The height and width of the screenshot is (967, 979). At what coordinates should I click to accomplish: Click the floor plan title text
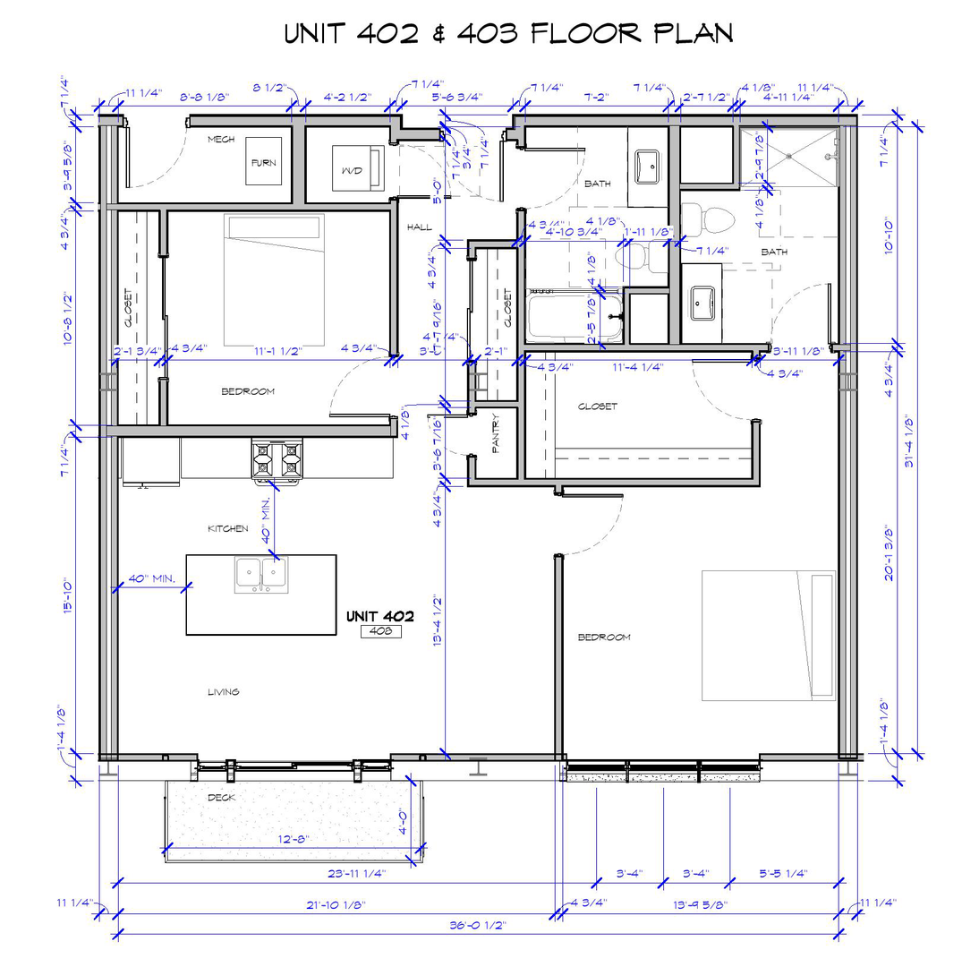[508, 33]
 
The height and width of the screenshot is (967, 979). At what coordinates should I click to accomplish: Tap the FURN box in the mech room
[263, 162]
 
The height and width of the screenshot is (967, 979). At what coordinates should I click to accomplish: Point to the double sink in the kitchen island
[261, 575]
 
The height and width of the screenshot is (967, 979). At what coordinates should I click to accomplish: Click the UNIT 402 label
[380, 616]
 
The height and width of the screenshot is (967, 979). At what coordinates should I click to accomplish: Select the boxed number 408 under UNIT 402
[380, 631]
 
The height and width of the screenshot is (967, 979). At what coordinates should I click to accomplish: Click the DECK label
[220, 796]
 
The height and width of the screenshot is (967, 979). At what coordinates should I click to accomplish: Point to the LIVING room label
[224, 691]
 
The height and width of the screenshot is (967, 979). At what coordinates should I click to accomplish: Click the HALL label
[419, 227]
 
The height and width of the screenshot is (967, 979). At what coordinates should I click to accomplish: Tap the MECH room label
[221, 140]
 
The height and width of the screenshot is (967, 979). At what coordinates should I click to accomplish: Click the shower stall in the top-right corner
[787, 157]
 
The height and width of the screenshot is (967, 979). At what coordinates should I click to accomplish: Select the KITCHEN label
[227, 528]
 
